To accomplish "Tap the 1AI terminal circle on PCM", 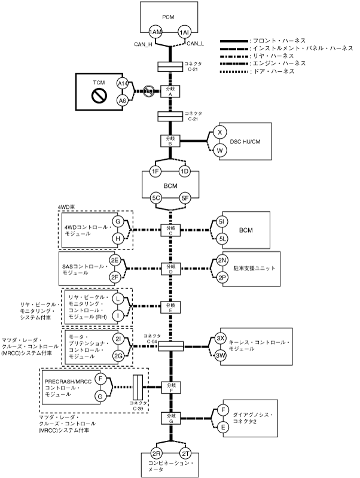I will (x=184, y=32).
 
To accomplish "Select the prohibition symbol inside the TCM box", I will (x=97, y=93).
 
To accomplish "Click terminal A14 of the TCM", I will (x=123, y=84).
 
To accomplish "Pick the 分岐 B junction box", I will (x=170, y=141).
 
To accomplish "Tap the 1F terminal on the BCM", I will (x=156, y=172).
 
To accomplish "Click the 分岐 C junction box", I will (x=170, y=230).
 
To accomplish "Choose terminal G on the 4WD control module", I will (x=118, y=223).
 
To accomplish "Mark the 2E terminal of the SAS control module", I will (x=114, y=260).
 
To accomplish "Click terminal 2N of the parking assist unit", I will (x=221, y=260).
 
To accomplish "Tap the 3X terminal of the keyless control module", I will (x=221, y=338).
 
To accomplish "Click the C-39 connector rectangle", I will (x=137, y=389).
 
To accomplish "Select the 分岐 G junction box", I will (x=170, y=417).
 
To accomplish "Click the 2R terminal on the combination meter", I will (x=156, y=453).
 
